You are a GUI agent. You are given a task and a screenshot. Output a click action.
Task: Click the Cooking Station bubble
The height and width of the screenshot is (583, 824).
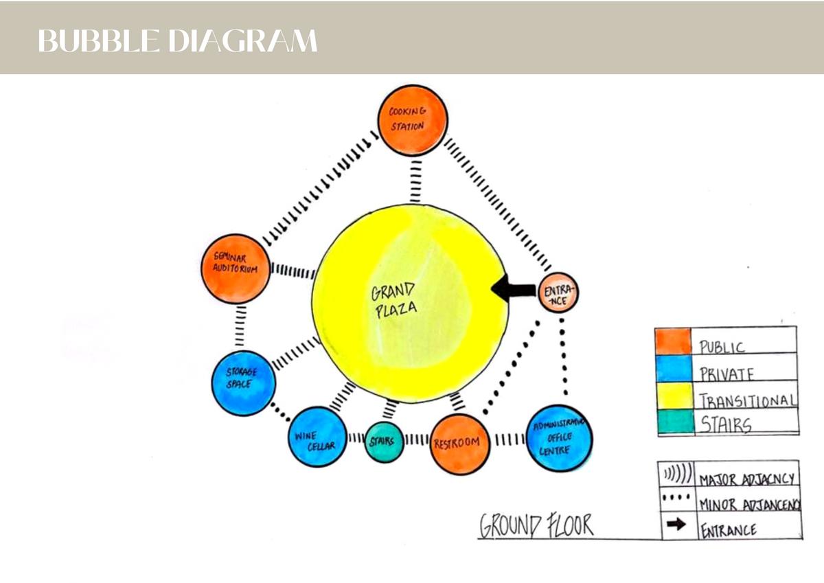click(x=413, y=120)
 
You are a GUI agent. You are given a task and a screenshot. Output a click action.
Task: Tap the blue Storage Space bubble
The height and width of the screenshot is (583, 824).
click(x=244, y=383)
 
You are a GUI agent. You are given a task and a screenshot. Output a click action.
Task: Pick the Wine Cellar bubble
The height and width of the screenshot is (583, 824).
click(x=317, y=437)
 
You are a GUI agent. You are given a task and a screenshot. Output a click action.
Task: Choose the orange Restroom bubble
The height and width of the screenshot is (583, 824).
click(x=459, y=444)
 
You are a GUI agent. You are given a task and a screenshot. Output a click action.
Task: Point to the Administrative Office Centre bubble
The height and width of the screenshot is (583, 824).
click(x=559, y=438)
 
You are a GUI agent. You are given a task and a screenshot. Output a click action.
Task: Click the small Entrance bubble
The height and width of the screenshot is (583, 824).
click(x=558, y=293)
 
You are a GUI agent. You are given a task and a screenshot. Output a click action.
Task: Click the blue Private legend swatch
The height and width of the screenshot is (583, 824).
click(x=674, y=369)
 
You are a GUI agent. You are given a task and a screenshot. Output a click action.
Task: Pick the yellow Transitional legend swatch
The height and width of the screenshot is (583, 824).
click(x=674, y=396)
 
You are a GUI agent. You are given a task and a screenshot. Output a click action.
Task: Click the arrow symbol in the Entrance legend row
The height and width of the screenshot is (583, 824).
click(x=676, y=525)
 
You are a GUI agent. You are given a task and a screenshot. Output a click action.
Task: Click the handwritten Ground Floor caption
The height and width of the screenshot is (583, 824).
click(x=536, y=527)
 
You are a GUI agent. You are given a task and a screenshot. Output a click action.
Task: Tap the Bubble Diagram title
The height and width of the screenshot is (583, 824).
click(x=178, y=41)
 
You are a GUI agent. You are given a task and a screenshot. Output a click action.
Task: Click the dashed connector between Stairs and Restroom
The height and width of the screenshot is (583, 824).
click(x=416, y=439)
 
